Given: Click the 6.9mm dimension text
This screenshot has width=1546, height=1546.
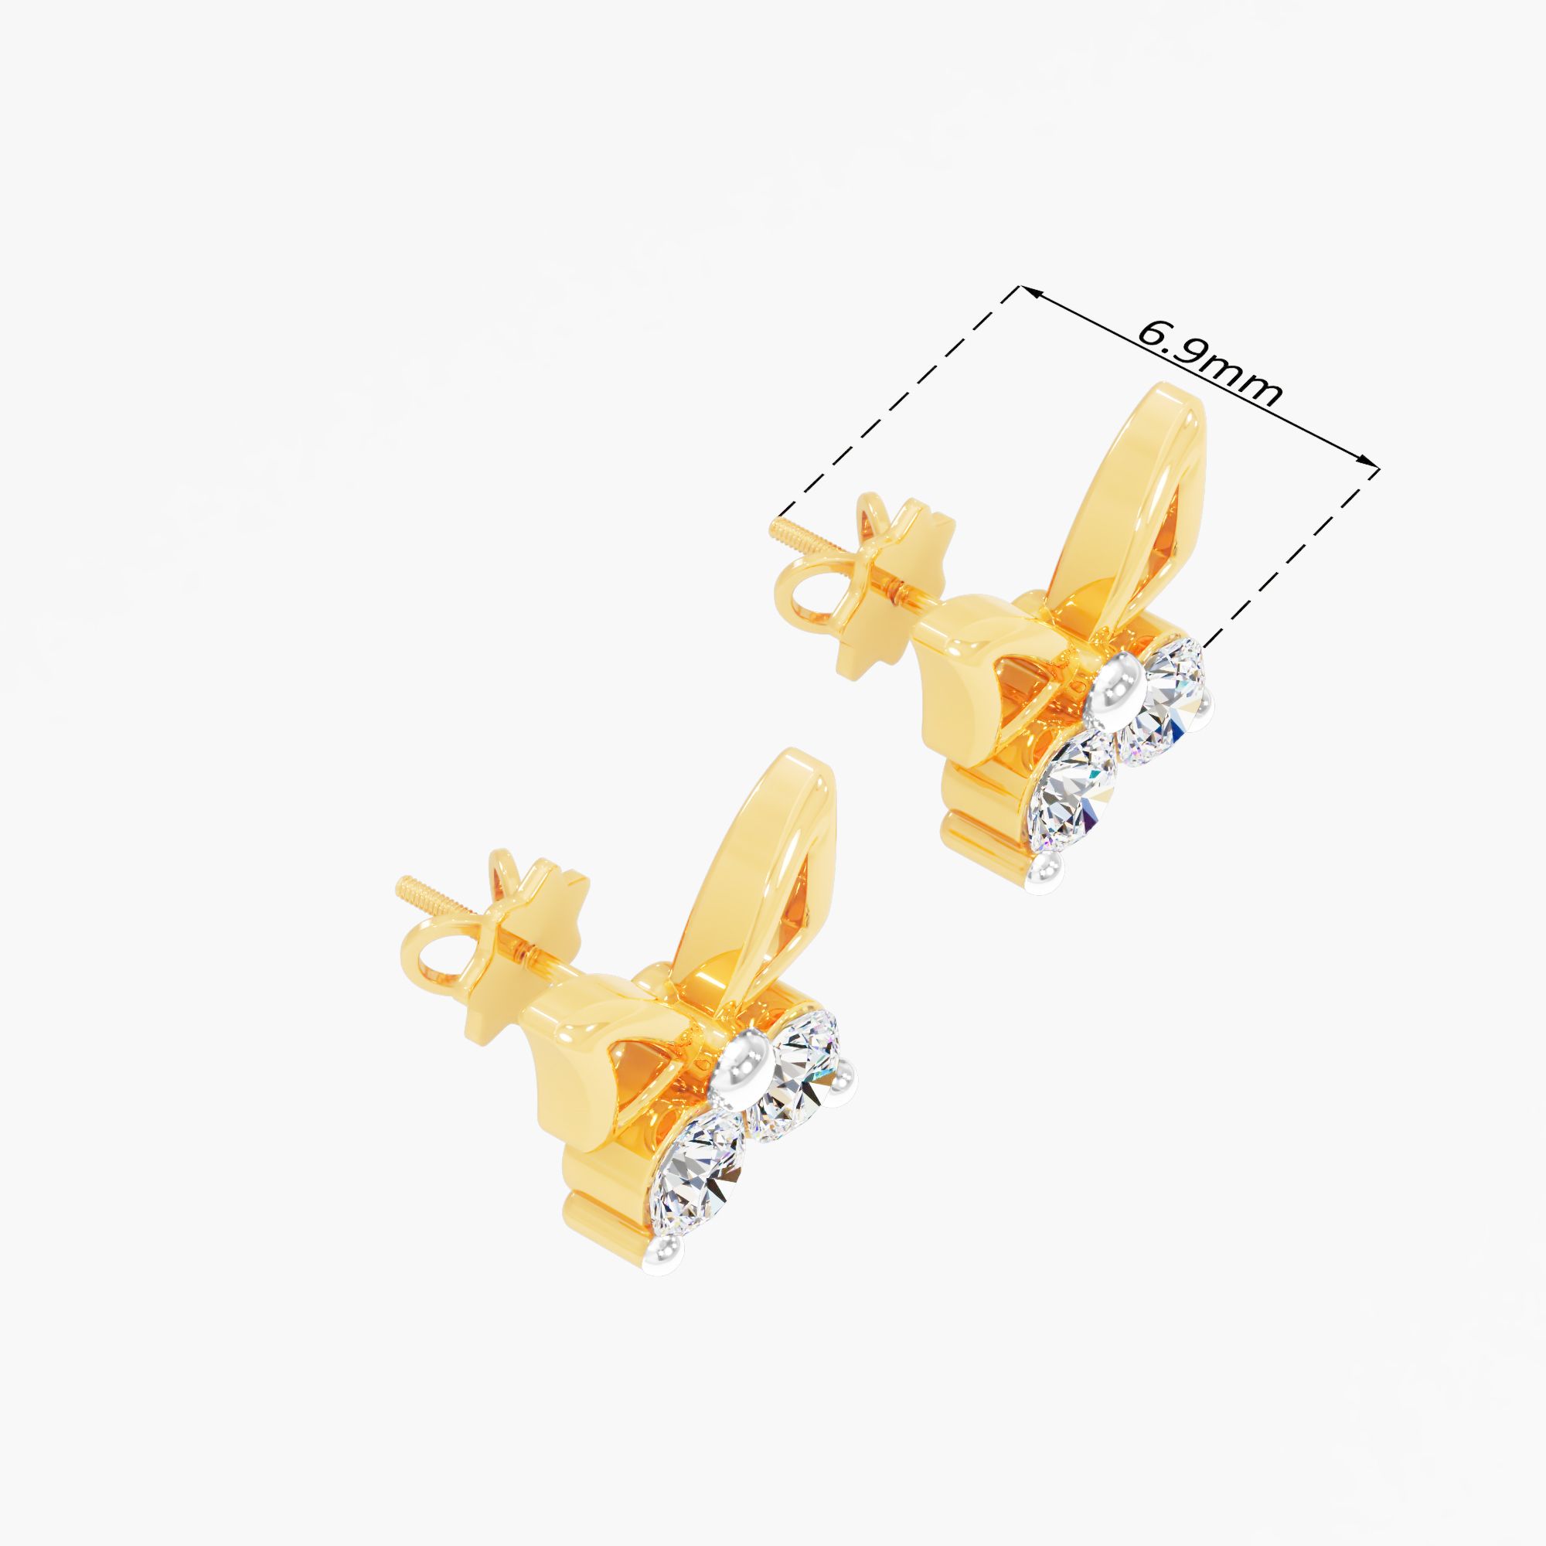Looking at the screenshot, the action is click(1209, 364).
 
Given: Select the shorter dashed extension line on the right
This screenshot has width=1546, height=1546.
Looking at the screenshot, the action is click(1289, 555).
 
